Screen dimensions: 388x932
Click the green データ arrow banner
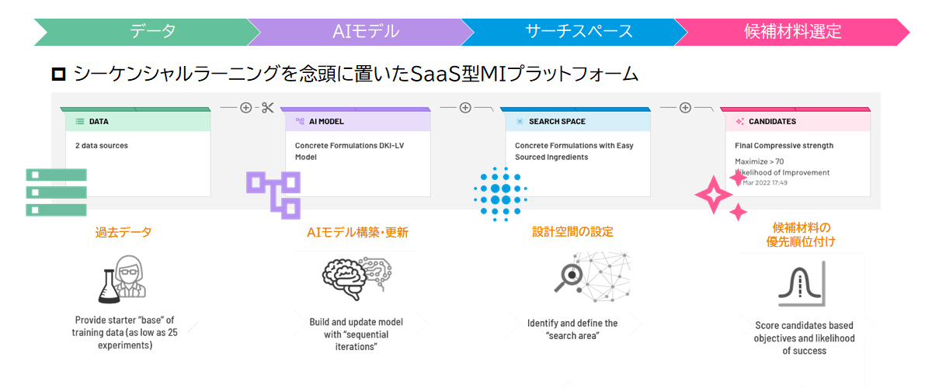(x=148, y=31)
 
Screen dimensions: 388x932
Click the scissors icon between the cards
(x=268, y=108)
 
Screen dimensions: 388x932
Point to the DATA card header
(x=137, y=121)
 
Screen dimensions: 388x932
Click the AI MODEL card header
(x=355, y=121)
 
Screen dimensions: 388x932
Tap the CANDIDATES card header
(x=795, y=121)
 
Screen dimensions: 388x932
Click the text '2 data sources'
(x=102, y=145)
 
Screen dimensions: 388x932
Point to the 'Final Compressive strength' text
(x=784, y=145)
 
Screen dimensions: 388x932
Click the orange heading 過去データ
(x=123, y=232)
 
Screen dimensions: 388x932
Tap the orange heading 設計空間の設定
(x=572, y=232)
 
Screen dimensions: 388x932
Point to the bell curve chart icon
(x=800, y=284)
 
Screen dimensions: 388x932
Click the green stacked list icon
(x=55, y=192)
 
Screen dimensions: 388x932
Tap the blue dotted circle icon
(x=500, y=193)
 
